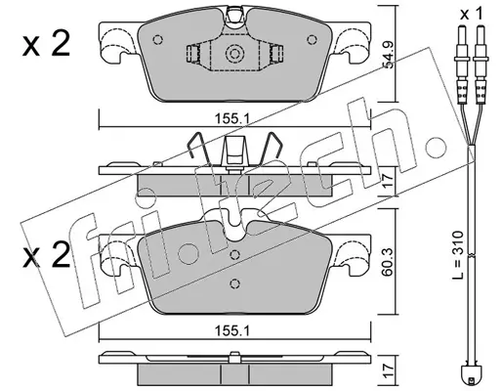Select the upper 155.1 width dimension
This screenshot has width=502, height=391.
pyautogui.click(x=231, y=118)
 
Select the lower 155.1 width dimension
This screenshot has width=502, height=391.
pyautogui.click(x=231, y=331)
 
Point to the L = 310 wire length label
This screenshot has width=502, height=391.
pyautogui.click(x=458, y=255)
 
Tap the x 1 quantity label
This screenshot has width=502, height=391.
pyautogui.click(x=472, y=14)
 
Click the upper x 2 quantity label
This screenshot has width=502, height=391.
pyautogui.click(x=46, y=45)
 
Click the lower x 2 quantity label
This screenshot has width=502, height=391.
pyautogui.click(x=46, y=255)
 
